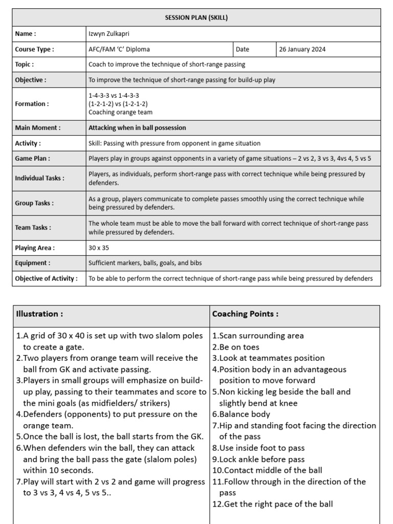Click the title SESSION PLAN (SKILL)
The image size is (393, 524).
[x=196, y=18]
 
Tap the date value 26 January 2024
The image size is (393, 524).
[x=302, y=50]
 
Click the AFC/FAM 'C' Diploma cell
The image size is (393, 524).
[x=119, y=50]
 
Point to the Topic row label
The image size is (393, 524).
[x=25, y=64]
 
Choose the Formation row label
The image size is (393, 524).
[x=32, y=103]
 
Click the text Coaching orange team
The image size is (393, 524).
[x=120, y=112]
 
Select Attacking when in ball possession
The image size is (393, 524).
[x=137, y=128]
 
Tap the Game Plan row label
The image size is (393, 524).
[x=32, y=159]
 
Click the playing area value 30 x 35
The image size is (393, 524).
[x=99, y=248]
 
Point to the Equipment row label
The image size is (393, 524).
[x=32, y=263]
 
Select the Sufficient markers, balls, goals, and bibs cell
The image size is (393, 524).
[x=145, y=263]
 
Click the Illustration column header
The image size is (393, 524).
[x=40, y=314]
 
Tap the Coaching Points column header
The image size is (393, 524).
[x=245, y=314]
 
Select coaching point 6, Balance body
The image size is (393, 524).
[x=241, y=414]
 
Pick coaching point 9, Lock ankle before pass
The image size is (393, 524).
[x=258, y=459]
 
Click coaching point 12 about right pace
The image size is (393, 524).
[x=272, y=504]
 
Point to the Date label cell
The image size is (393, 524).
[x=243, y=50]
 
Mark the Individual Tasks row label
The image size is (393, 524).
[x=39, y=178]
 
